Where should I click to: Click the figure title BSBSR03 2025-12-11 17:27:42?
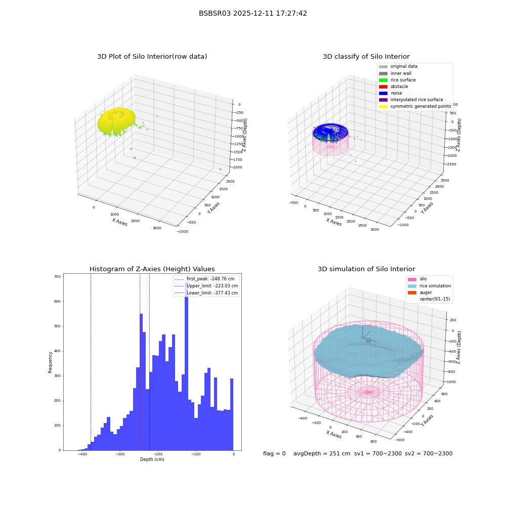(x=252, y=13)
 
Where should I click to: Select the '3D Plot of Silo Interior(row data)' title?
(x=152, y=57)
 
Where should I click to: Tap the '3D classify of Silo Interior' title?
(x=366, y=57)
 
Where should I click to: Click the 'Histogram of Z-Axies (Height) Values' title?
(x=152, y=269)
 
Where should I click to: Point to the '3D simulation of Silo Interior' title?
(x=366, y=269)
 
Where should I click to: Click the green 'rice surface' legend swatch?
(x=383, y=80)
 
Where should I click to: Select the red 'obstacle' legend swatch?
(x=383, y=87)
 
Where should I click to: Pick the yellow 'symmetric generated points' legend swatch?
(x=383, y=106)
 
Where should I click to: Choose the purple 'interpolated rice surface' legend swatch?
(x=383, y=100)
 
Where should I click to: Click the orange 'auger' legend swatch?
(x=412, y=292)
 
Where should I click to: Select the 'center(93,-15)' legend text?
(x=435, y=299)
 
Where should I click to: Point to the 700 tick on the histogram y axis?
(x=57, y=277)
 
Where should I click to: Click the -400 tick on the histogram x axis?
(x=82, y=454)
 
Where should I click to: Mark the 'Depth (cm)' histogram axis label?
(x=152, y=459)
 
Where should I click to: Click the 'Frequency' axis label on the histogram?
(x=50, y=362)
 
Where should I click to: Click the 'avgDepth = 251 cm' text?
(x=322, y=453)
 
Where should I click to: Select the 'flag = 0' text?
(x=274, y=453)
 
